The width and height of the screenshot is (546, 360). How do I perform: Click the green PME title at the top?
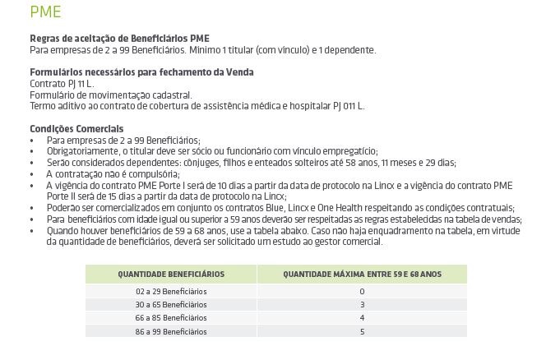tap(45, 12)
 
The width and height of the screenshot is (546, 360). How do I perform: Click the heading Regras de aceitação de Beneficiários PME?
tap(119, 39)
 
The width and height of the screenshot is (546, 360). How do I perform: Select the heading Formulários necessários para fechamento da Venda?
tap(141, 72)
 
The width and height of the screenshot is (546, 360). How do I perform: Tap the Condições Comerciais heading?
tap(76, 129)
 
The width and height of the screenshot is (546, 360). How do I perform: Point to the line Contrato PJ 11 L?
tap(62, 84)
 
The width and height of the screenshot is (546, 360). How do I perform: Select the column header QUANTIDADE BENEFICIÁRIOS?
tap(171, 275)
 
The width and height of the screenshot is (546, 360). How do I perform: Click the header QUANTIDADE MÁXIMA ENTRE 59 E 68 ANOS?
tap(362, 275)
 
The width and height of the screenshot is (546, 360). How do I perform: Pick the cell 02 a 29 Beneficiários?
tap(171, 292)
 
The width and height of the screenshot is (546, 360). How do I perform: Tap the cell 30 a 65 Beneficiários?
tap(171, 305)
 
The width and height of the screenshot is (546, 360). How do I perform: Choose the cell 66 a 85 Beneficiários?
tap(171, 318)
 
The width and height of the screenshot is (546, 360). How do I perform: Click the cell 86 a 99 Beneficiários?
tap(171, 331)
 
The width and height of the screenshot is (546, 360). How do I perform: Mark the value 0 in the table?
tap(362, 292)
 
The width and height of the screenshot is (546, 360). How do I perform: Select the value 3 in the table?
tap(362, 305)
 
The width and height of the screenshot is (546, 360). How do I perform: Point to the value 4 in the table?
tap(362, 318)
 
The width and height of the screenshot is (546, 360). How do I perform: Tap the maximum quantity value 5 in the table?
tap(362, 331)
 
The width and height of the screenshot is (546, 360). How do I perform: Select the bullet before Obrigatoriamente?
tap(32, 151)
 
